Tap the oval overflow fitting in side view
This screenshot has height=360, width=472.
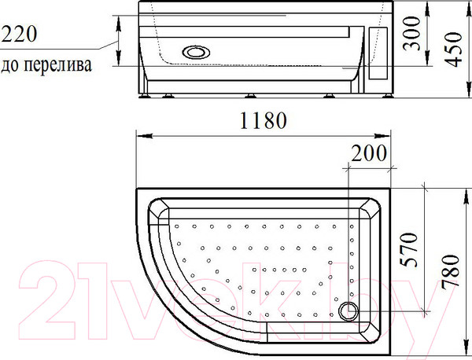pos(195,53)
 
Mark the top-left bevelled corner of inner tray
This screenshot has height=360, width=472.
pos(159,210)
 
